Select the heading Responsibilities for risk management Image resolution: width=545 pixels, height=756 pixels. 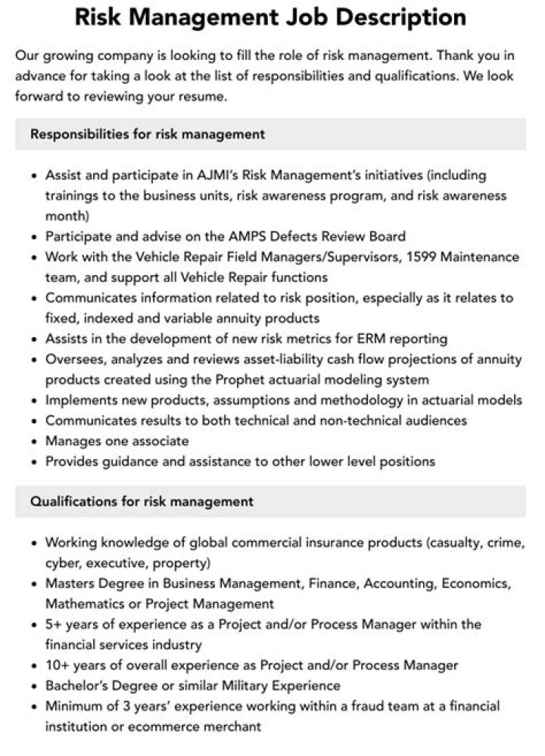[148, 134]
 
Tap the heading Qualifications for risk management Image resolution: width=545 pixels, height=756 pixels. [142, 501]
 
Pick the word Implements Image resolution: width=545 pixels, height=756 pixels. [83, 400]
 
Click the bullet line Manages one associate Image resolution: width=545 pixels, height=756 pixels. [117, 441]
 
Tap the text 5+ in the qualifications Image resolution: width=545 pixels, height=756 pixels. [54, 624]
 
